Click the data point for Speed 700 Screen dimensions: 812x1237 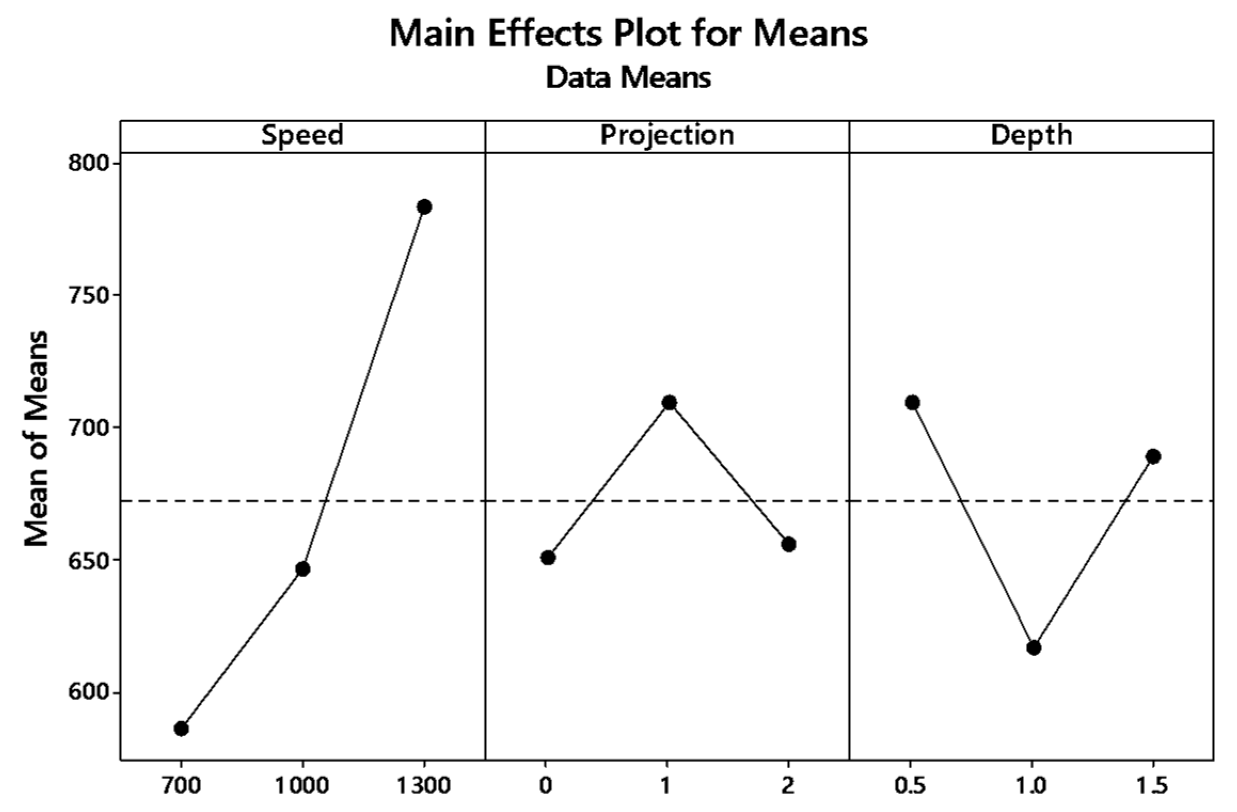tap(181, 728)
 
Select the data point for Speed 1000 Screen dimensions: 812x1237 tap(303, 569)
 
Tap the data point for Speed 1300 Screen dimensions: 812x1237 tap(424, 206)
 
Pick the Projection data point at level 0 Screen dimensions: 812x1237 tap(548, 558)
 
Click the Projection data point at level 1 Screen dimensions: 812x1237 tap(669, 402)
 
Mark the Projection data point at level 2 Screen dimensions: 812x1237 tap(789, 544)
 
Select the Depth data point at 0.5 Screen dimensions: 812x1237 tap(912, 402)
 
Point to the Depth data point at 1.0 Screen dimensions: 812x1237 tap(1034, 648)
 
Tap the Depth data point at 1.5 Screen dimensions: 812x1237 tap(1153, 456)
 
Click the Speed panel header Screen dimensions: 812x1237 tap(302, 136)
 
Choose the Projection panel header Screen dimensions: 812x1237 tap(667, 136)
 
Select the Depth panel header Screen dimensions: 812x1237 tap(1031, 136)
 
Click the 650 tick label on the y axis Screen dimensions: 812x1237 tap(88, 560)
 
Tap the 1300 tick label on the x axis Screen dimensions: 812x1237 tap(424, 785)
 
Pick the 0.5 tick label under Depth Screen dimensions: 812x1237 tap(911, 785)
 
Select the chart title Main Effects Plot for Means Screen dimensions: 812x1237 tap(628, 33)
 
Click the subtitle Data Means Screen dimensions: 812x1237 tap(628, 77)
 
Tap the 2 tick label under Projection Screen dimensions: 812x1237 tap(788, 785)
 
